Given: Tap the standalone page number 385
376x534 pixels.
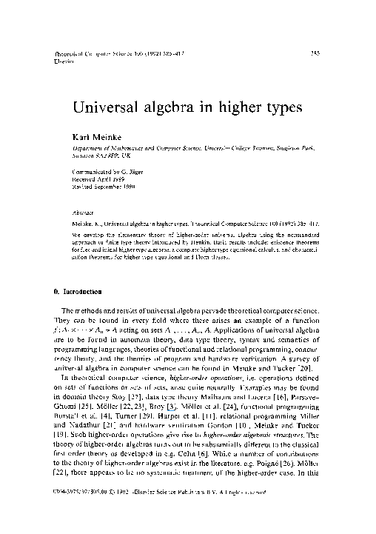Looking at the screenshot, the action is coord(315,53).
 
